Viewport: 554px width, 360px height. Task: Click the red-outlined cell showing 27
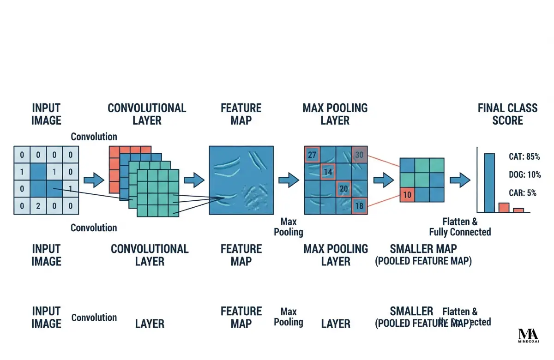[x=312, y=155]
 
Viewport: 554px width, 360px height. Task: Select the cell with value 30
[x=359, y=155]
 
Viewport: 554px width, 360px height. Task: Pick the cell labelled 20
[x=343, y=188]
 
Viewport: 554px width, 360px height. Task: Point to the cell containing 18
[x=359, y=206]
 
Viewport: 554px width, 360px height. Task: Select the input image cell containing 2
[x=38, y=206]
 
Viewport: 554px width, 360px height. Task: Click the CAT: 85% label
[x=524, y=157]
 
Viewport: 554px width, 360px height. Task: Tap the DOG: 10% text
[x=524, y=175]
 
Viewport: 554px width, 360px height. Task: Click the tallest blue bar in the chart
[x=489, y=182]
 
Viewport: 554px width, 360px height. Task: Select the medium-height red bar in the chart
[x=504, y=207]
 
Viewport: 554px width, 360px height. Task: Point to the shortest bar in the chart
[x=518, y=210]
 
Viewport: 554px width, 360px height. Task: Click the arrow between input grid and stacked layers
[x=94, y=180]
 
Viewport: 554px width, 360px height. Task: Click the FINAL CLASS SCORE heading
[x=507, y=114]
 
